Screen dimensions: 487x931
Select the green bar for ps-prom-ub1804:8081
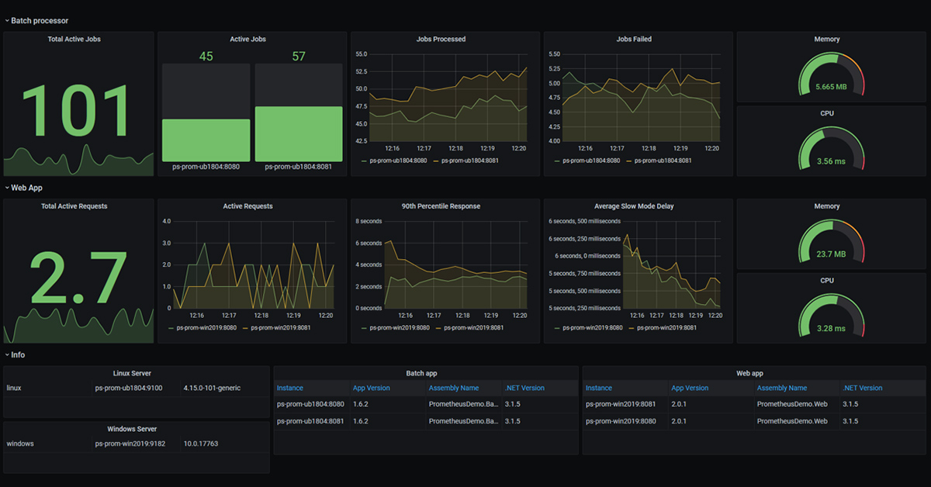(x=299, y=133)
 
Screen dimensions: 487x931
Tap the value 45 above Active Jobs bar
(x=206, y=57)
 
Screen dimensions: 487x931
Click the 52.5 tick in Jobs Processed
(x=361, y=71)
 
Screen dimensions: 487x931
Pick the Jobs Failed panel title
(x=633, y=39)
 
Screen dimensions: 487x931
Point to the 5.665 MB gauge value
(x=830, y=87)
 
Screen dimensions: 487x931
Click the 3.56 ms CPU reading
(x=830, y=161)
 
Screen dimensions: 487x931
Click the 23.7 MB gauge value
(x=830, y=254)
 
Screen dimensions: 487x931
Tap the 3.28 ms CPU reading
(x=830, y=328)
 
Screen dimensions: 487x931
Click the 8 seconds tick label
(x=369, y=221)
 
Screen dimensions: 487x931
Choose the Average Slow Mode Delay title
(x=633, y=206)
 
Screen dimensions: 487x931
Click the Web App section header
(x=26, y=188)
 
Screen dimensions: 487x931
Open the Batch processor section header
(x=39, y=21)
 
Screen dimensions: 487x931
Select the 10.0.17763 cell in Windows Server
(x=200, y=444)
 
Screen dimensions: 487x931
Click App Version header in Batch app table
(x=371, y=388)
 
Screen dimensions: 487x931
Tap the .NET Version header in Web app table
(x=862, y=388)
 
